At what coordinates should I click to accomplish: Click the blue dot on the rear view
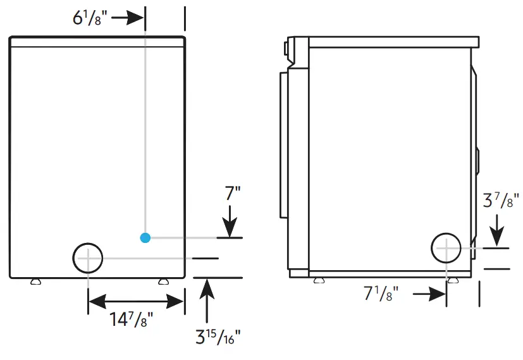pos(145,238)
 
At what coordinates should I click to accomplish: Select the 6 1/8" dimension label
pos(89,17)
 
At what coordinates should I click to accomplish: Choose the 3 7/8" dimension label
pos(501,201)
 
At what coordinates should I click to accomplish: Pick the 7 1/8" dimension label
pos(381,294)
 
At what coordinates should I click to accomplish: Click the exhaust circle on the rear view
pos(88,258)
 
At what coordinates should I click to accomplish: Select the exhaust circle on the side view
pos(446,247)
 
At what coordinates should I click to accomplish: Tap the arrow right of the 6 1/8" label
pos(129,17)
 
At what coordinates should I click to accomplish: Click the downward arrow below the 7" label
pos(230,222)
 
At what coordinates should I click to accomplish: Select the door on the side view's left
pos(284,146)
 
